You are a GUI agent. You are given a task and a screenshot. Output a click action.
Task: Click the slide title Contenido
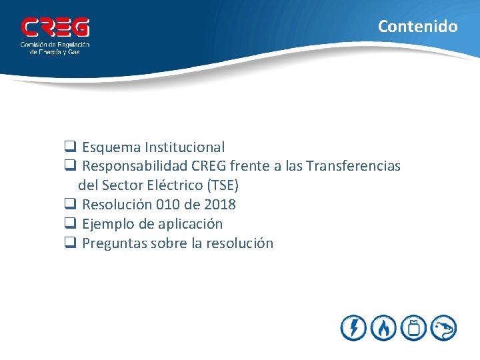click(417, 27)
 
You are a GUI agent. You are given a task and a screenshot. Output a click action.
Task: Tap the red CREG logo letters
click(55, 28)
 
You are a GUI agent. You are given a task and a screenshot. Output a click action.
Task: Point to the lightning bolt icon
click(353, 327)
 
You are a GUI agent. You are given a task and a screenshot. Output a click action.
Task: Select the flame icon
click(384, 327)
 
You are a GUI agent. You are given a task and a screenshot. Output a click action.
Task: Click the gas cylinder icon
click(415, 327)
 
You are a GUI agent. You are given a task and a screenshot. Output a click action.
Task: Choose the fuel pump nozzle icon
click(444, 327)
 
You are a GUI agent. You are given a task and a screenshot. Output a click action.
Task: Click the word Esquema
click(111, 147)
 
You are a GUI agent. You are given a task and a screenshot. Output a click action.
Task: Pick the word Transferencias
click(361, 166)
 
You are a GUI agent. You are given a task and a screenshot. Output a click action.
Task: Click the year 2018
click(221, 205)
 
